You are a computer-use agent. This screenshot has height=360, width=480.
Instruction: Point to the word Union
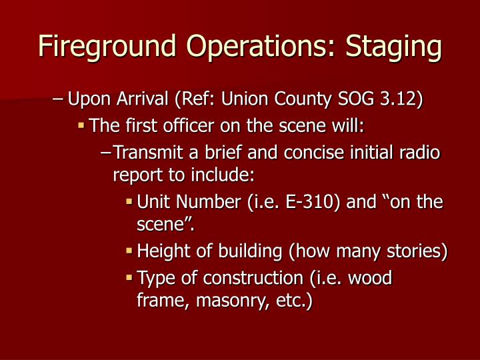[243, 100]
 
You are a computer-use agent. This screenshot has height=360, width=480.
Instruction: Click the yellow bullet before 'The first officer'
[81, 125]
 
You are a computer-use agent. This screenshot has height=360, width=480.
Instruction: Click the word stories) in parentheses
[417, 251]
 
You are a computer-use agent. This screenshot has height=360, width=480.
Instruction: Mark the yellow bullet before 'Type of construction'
[129, 277]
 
